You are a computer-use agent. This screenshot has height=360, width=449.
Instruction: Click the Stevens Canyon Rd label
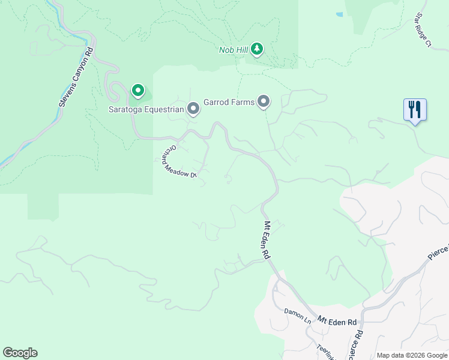point(77,78)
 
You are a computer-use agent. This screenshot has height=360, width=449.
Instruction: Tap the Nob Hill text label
point(233,49)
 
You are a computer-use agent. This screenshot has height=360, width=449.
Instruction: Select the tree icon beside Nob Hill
point(257,49)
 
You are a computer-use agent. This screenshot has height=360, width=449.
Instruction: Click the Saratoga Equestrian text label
point(145,109)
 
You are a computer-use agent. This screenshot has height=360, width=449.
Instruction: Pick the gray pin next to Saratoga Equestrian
point(193,109)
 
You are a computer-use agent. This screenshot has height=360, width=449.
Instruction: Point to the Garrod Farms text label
point(229,102)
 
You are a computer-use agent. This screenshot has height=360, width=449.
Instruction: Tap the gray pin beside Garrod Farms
point(264,101)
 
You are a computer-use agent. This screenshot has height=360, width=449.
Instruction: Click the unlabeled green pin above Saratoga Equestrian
point(138,91)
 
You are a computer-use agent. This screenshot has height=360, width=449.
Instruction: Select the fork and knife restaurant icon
point(415,110)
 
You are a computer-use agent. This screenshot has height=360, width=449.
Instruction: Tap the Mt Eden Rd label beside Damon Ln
point(337,322)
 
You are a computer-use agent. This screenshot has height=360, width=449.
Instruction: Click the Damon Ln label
point(298,316)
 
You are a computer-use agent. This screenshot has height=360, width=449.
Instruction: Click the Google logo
point(20,353)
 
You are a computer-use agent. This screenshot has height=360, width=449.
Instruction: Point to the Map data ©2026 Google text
point(411,355)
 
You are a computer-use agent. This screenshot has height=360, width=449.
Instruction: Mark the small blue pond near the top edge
point(340,14)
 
